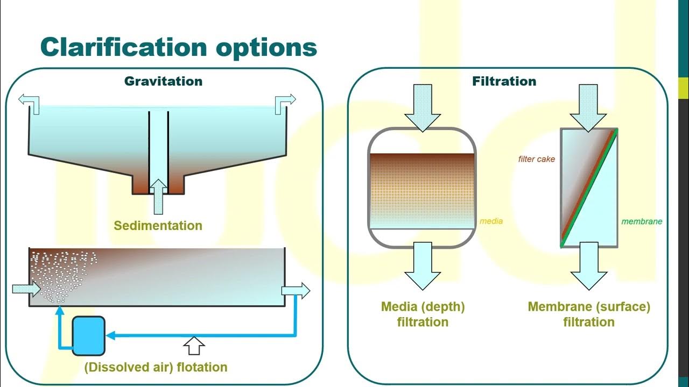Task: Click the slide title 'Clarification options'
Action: (x=178, y=47)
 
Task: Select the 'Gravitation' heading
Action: (x=163, y=81)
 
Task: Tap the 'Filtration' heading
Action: (x=504, y=81)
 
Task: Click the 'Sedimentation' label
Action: (x=158, y=225)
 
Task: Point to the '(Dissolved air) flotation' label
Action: (x=156, y=367)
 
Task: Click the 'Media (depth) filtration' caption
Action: (x=423, y=314)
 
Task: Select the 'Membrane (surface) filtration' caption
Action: (x=589, y=314)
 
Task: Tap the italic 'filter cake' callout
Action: (x=536, y=159)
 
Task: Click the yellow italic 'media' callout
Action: (x=491, y=221)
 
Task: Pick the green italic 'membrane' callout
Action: (x=642, y=221)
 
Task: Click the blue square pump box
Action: (x=88, y=336)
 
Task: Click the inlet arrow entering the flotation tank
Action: (x=26, y=290)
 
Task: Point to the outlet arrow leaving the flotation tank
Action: (x=296, y=291)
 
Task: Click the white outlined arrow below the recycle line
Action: (x=194, y=346)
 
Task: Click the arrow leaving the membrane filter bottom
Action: (x=589, y=266)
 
